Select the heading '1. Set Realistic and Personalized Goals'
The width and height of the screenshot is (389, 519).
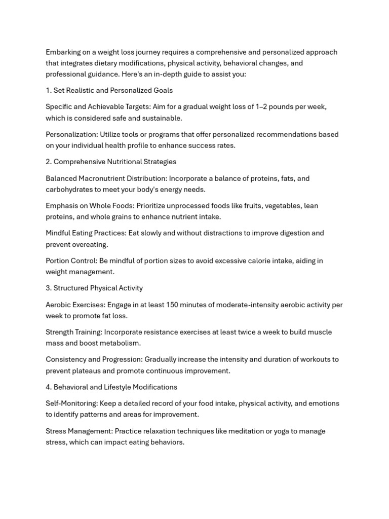tap(109, 91)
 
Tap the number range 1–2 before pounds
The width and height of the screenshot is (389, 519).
tap(263, 107)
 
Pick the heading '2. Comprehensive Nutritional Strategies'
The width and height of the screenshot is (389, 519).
tap(111, 162)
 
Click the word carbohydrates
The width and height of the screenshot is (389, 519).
tap(69, 190)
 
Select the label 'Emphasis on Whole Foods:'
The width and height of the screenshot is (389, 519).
tap(90, 206)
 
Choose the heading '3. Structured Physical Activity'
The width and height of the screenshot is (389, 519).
tap(94, 288)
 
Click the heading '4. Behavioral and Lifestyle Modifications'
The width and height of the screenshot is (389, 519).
tap(111, 387)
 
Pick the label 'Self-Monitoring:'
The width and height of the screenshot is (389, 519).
tap(71, 403)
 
